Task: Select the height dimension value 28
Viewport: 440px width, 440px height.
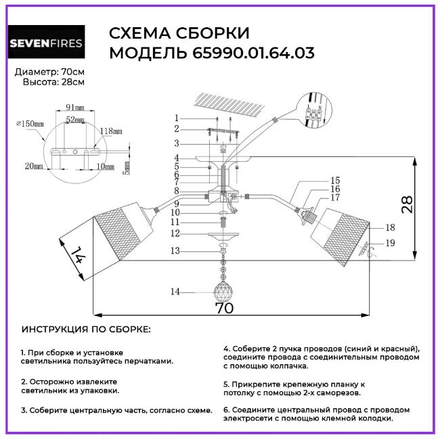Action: coord(406,206)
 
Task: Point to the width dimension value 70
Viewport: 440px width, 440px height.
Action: coord(224,308)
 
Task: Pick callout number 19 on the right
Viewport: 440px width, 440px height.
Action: coord(391,243)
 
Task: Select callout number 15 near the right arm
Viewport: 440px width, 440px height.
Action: coord(335,181)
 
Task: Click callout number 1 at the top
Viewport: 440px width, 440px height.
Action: coord(176,117)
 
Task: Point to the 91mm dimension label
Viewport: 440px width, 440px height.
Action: coord(66,108)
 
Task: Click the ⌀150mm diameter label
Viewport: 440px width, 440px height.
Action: coord(30,124)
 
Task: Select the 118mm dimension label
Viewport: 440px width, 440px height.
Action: coord(111,131)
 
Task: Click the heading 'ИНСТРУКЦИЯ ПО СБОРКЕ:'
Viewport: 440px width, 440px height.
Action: coord(86,330)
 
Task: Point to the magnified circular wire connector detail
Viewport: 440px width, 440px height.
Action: coord(315,110)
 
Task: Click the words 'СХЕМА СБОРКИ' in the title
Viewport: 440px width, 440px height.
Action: coord(179,33)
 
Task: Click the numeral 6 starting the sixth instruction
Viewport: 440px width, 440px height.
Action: coord(225,410)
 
